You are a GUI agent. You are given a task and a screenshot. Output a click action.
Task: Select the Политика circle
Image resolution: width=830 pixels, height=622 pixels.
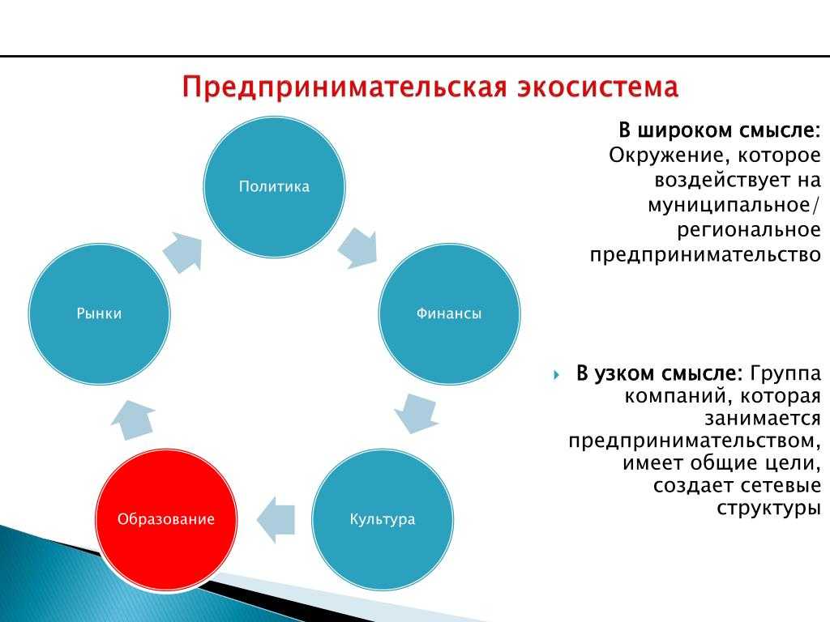(x=274, y=187)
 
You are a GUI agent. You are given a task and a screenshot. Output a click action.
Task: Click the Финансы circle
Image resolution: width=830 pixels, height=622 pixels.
(x=449, y=313)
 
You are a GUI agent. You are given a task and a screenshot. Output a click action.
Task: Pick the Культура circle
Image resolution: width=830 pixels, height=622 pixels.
(x=383, y=519)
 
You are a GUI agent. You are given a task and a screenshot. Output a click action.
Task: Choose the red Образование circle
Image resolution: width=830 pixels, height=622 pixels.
(x=166, y=519)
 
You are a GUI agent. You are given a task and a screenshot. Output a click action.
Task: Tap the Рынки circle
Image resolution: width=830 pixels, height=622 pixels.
(x=99, y=313)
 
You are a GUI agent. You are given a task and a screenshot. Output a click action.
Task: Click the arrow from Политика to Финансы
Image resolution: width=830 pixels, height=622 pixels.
(x=357, y=248)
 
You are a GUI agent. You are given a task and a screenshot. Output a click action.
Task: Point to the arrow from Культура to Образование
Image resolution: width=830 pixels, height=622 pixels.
(x=276, y=519)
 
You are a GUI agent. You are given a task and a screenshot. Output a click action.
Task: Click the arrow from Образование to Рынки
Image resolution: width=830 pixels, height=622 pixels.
(x=133, y=420)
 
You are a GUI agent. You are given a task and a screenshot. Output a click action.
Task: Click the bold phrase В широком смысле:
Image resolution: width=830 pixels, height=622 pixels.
(x=720, y=130)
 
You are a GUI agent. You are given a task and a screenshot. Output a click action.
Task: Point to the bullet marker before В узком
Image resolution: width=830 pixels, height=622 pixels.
(x=556, y=375)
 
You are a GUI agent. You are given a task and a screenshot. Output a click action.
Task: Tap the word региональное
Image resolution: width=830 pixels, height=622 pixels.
(x=749, y=229)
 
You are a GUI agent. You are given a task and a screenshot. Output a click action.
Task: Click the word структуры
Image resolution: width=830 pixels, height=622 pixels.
(x=768, y=508)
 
